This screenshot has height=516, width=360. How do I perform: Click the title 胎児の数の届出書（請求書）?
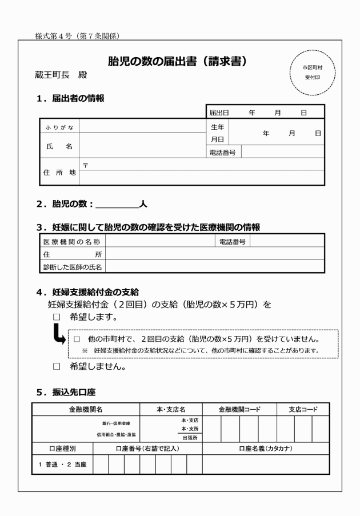pos(182,61)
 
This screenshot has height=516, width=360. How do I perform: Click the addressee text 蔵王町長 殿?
pos(61,75)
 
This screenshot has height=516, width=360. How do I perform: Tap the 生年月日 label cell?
pos(217,133)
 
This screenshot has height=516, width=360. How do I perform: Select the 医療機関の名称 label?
pos(72,242)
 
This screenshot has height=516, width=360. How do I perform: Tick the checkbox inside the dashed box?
pos(76,338)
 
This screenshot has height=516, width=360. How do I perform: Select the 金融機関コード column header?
pos(239,410)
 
